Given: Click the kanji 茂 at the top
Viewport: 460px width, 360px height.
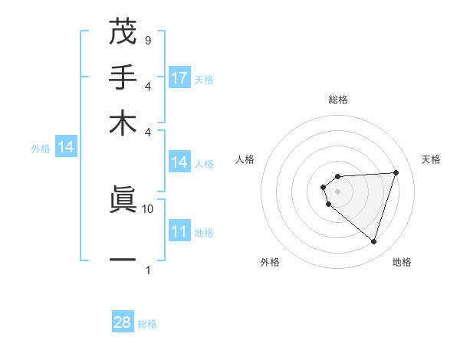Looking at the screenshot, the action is point(123,33).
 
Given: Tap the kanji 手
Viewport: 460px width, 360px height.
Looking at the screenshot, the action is point(123,78).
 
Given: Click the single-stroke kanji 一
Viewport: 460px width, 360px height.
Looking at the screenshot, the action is point(123,260).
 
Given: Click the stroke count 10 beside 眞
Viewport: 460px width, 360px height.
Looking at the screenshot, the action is point(148,208).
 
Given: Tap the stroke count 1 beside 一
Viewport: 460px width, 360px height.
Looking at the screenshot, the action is point(147,270).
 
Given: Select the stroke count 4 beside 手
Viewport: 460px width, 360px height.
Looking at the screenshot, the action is point(147,86).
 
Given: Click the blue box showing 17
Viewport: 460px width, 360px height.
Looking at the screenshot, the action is point(179,78).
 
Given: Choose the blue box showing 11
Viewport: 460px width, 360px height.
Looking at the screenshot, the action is point(179,232).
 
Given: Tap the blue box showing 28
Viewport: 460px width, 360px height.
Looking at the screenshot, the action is point(123,322).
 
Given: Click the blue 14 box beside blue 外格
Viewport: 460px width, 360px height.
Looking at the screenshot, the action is point(66,148).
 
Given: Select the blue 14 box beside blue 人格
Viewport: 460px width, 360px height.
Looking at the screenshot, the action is point(179,162).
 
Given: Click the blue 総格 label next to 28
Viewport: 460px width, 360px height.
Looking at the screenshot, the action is point(147,324).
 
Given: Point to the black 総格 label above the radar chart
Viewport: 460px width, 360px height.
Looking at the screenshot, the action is point(337,100).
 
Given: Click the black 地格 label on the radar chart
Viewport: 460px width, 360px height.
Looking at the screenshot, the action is point(402,262).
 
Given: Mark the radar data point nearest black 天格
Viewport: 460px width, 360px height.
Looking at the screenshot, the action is point(396,172).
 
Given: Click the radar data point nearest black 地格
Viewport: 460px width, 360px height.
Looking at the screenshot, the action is point(373,241).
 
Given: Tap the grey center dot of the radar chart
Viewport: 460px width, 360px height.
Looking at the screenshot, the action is point(337,191).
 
